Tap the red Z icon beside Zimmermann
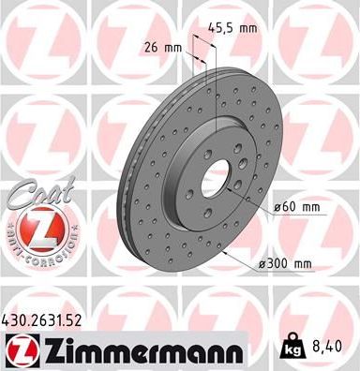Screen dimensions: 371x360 pyautogui.click(x=17, y=351)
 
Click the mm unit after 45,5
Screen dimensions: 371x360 pyautogui.click(x=247, y=29)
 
